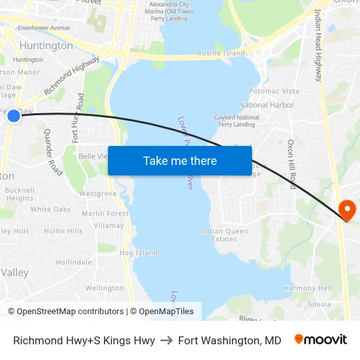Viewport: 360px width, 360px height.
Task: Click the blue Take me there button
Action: [180, 160]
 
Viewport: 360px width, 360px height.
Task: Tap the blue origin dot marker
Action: [14, 116]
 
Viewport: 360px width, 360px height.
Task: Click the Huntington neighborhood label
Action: [46, 46]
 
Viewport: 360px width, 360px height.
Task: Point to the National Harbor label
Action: [266, 105]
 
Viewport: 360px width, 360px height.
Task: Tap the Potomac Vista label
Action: [274, 91]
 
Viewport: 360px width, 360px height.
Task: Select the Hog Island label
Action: [138, 253]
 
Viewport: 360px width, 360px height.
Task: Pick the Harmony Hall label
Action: [308, 288]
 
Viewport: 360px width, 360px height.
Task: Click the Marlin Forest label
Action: [105, 213]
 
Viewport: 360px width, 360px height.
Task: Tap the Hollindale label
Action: [74, 262]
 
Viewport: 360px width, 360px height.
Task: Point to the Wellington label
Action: [104, 288]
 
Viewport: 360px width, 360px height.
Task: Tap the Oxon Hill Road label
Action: [292, 164]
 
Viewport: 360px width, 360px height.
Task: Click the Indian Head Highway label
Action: [319, 45]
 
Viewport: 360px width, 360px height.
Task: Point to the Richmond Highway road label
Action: [71, 75]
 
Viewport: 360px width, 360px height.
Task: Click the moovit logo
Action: [321, 340]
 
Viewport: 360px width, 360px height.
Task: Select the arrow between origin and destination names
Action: [166, 340]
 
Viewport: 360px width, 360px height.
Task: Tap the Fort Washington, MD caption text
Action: [229, 340]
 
